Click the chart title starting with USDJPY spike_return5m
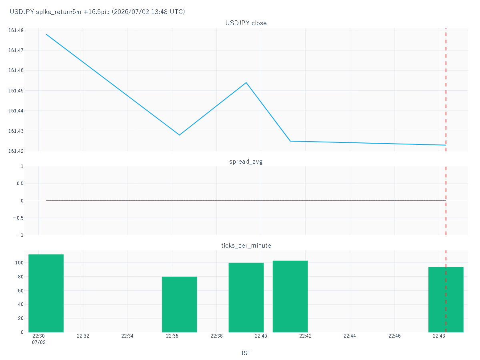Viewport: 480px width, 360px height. click(x=97, y=12)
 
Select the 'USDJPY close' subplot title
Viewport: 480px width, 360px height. click(x=246, y=23)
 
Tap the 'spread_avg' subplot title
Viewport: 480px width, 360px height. click(x=246, y=162)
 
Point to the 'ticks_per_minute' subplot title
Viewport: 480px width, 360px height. click(x=246, y=246)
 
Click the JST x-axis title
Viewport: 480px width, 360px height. click(x=246, y=353)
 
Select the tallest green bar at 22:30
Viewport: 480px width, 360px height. click(x=46, y=293)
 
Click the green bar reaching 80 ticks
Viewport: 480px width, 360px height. click(x=179, y=304)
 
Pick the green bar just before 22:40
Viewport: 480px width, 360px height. click(x=246, y=298)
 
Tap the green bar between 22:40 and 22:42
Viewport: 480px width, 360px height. click(x=290, y=296)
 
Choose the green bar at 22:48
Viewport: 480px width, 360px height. click(x=446, y=300)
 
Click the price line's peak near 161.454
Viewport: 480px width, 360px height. click(x=246, y=83)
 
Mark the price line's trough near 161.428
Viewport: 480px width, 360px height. click(x=179, y=135)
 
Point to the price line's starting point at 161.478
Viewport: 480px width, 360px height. click(x=46, y=34)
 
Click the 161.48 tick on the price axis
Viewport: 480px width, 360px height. click(x=16, y=30)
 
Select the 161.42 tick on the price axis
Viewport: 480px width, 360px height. click(x=16, y=151)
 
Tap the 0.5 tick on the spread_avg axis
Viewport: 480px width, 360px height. click(x=20, y=183)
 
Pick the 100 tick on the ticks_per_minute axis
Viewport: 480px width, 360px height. click(x=19, y=263)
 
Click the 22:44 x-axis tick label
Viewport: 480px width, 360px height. click(x=350, y=336)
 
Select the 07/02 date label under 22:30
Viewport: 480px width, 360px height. click(x=39, y=342)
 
